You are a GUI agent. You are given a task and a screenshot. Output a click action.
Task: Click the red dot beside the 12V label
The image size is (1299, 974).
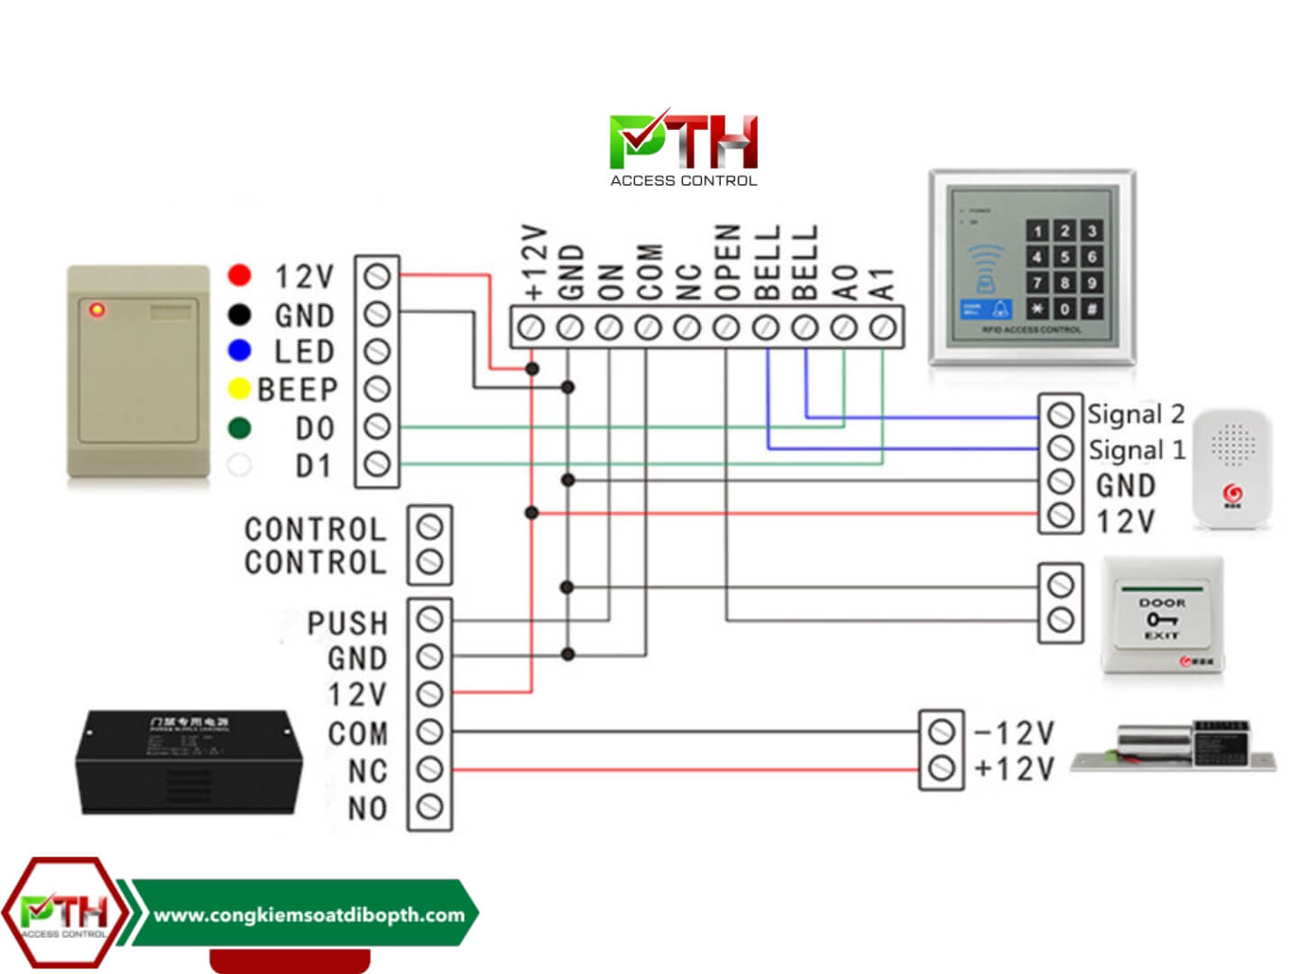coord(239,274)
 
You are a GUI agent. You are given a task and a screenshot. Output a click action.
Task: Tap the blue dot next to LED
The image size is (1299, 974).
coord(239,350)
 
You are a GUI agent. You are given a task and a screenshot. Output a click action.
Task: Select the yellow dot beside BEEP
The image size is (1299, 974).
coord(239,389)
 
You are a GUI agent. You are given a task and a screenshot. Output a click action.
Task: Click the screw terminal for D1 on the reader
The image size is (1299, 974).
coord(377,464)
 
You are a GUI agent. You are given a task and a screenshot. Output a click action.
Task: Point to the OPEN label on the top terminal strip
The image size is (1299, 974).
coord(727,262)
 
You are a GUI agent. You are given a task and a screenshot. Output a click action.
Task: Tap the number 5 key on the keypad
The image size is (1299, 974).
coord(1064,257)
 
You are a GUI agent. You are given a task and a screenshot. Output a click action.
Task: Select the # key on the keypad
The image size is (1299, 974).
coord(1092,308)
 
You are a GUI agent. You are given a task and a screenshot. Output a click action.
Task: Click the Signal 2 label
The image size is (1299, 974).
coord(1136,414)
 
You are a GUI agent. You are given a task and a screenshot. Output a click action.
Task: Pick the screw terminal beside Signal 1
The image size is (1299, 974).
coord(1061,447)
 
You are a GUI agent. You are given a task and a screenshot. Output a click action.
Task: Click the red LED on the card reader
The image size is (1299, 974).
coord(97,310)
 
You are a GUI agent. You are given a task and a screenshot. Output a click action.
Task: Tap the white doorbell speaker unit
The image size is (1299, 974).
coord(1231,469)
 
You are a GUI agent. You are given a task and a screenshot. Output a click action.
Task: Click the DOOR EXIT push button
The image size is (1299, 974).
coord(1162,617)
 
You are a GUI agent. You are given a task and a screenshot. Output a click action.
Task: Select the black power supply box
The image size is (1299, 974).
coord(187,762)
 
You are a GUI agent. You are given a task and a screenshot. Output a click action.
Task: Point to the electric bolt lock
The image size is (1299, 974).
coord(1173,749)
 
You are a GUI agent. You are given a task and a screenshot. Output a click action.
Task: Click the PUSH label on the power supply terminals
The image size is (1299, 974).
coord(347,623)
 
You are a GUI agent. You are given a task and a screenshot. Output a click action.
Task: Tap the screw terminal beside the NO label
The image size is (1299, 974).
coord(430,806)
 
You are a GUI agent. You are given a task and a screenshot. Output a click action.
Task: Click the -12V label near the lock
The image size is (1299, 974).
coord(1015,732)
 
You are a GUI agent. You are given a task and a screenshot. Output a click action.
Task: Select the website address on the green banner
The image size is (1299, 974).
coord(309,914)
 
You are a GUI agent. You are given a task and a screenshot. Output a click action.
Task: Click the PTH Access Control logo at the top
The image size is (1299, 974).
coord(684,149)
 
